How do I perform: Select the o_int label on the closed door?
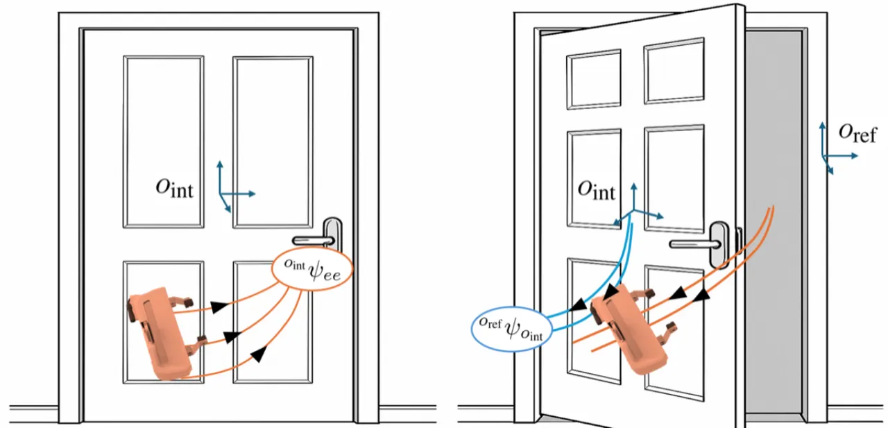coord(174,188)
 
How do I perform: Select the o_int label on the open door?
coord(596,190)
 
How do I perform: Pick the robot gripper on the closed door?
coord(162,333)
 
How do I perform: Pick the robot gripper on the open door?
coord(631,329)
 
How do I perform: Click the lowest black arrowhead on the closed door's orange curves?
coord(259,354)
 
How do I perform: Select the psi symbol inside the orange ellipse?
coord(316,269)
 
